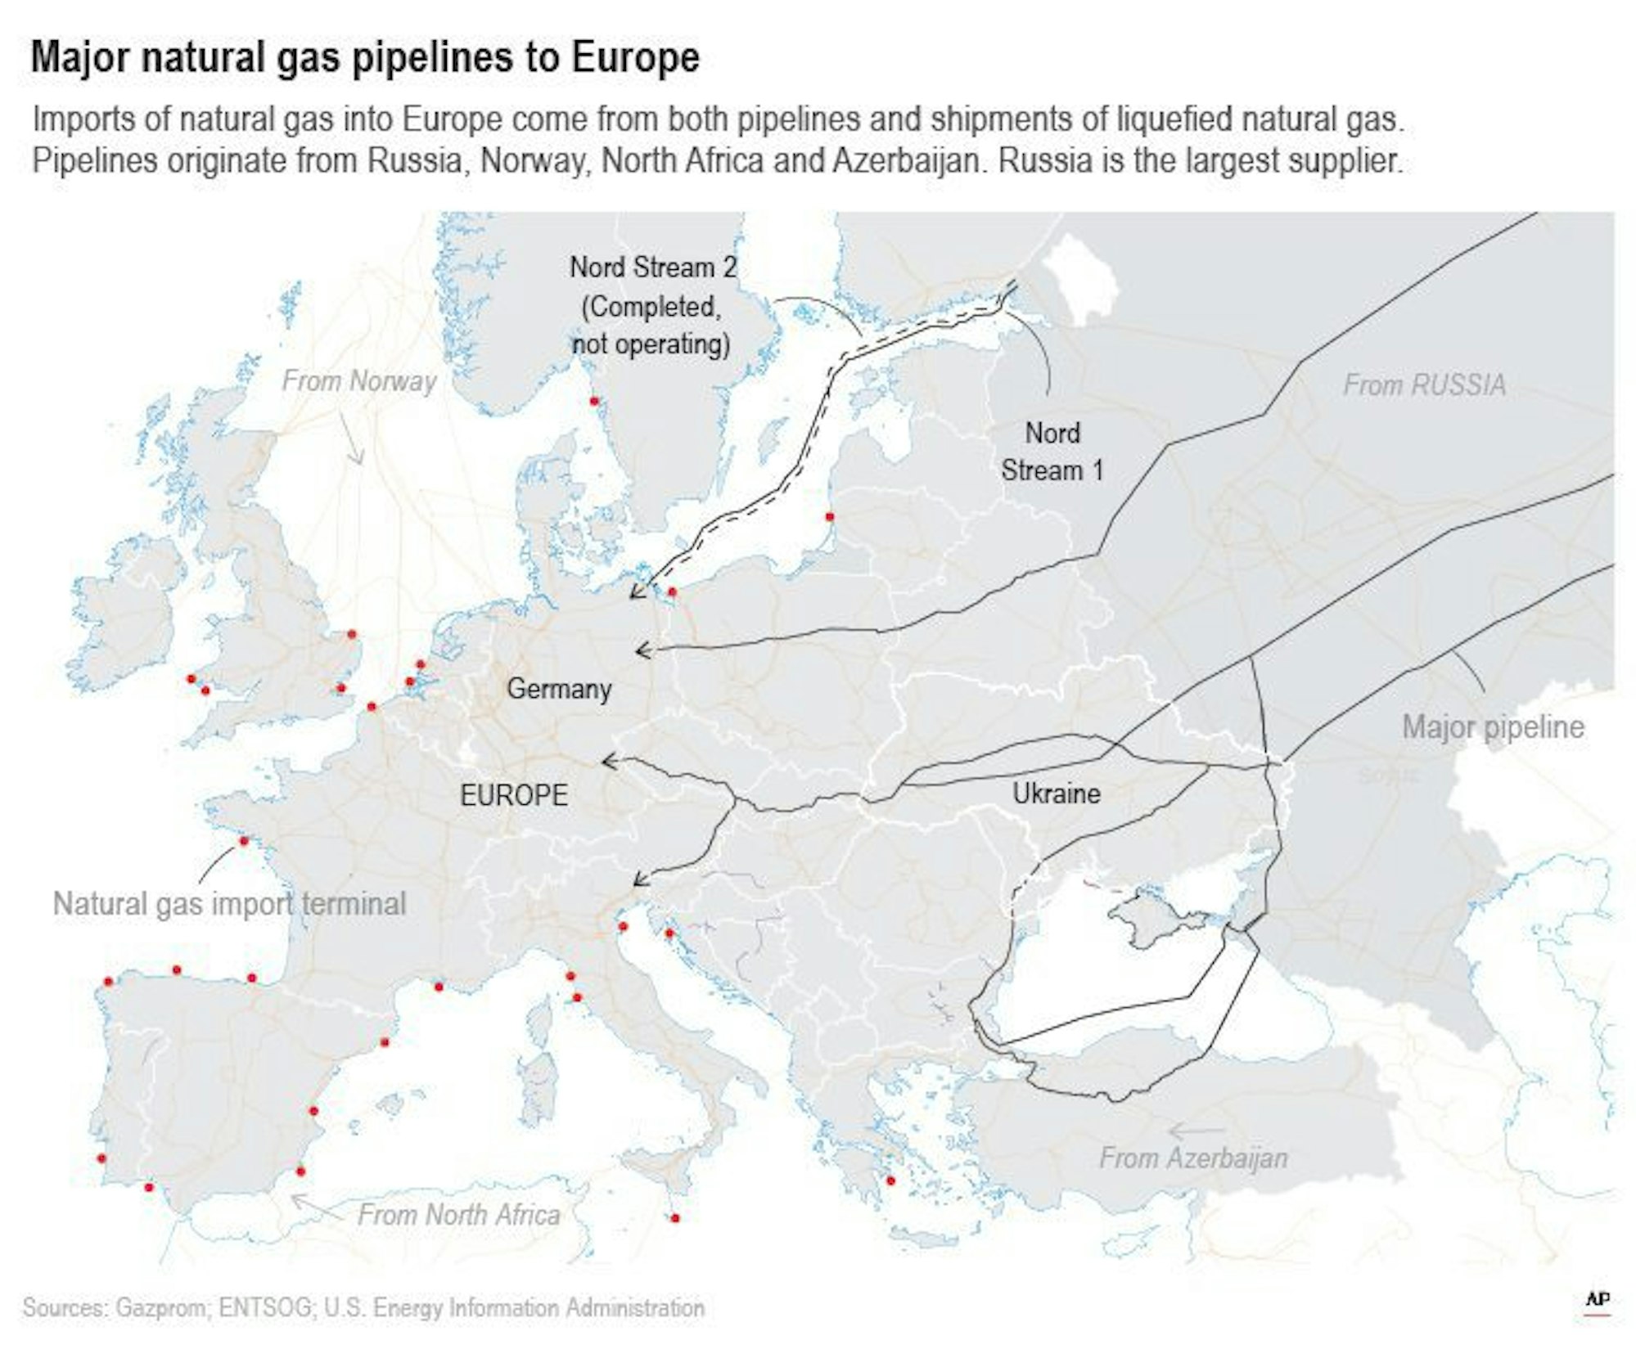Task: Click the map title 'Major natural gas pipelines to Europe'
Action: point(365,58)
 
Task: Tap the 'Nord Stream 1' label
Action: point(1052,452)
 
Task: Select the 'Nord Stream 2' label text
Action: point(652,268)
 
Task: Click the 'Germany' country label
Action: point(559,689)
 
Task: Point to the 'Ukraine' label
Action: point(1056,794)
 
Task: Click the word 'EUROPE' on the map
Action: point(513,795)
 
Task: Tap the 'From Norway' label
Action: point(358,381)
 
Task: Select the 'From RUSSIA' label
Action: point(1423,385)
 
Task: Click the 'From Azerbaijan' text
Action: point(1192,1158)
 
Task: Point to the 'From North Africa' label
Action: point(458,1215)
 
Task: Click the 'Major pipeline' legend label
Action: point(1493,727)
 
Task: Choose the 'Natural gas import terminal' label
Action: point(229,904)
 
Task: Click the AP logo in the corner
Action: point(1598,1300)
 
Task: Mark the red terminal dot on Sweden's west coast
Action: point(594,401)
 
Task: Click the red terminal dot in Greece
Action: point(890,1180)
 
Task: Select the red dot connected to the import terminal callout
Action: point(243,841)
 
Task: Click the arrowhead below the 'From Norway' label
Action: point(358,460)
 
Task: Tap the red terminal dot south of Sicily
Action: point(674,1218)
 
